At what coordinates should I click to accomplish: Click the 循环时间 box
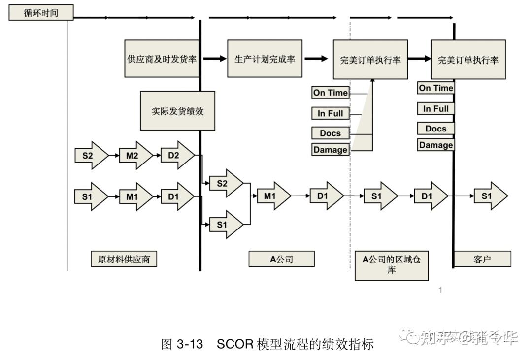point(41,13)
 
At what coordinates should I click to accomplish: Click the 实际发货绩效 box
point(177,111)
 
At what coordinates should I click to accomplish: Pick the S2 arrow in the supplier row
point(90,156)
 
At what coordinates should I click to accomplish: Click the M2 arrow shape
point(134,156)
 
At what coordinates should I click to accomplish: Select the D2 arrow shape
point(176,156)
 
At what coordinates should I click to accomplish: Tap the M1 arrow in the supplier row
point(134,196)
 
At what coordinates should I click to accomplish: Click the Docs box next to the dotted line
point(330,133)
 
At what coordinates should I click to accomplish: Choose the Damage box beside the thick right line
point(435,145)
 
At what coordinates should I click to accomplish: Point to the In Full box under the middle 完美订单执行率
point(330,113)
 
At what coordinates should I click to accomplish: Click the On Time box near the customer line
point(435,88)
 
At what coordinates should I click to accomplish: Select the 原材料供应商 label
point(124,259)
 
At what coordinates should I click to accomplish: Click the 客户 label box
point(482,259)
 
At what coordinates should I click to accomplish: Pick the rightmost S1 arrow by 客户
point(489,196)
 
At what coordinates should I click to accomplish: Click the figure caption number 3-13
point(190,344)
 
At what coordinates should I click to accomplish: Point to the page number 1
point(440,290)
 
